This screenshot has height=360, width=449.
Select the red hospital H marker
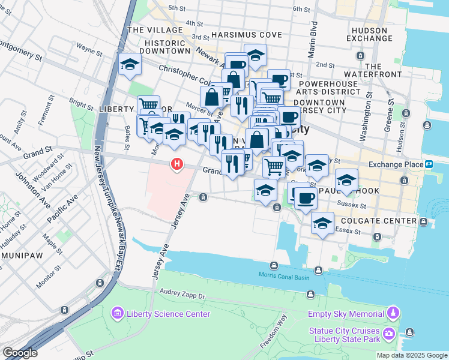(x=176, y=163)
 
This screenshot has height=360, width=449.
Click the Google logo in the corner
(x=20, y=353)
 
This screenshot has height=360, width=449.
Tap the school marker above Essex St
(x=322, y=223)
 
